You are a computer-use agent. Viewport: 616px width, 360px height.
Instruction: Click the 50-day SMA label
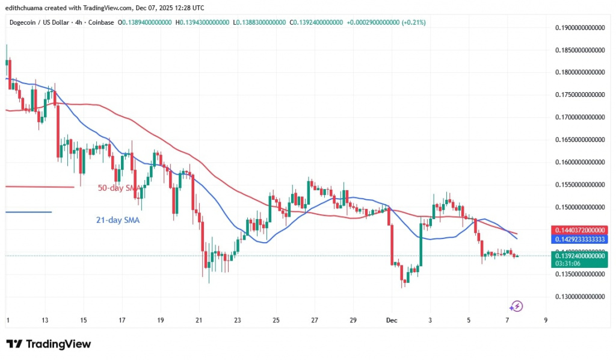[x=120, y=188]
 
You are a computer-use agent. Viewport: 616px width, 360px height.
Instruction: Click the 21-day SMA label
[x=118, y=220]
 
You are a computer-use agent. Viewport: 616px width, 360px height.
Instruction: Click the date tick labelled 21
[x=199, y=320]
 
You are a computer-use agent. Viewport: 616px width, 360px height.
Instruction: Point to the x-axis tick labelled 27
[x=315, y=320]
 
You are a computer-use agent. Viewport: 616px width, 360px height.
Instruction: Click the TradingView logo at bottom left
[x=49, y=344]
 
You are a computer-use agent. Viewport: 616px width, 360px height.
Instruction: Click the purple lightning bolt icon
[x=516, y=306]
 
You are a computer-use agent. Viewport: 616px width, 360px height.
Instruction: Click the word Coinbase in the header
[x=99, y=22]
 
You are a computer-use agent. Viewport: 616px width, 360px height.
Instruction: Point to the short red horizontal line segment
[x=39, y=187]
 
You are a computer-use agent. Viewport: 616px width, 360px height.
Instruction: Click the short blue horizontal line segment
[x=28, y=211]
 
